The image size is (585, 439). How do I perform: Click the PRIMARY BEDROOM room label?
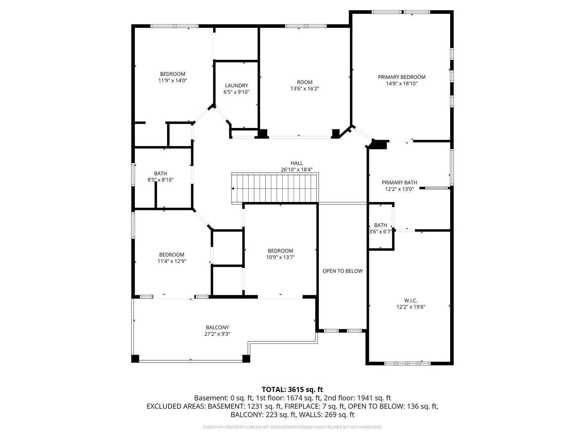click(x=401, y=77)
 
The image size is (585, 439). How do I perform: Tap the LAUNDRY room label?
click(x=237, y=86)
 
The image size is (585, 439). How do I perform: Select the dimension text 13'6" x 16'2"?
click(x=305, y=89)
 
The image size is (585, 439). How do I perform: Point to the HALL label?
click(x=297, y=163)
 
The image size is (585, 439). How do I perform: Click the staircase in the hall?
click(x=275, y=188)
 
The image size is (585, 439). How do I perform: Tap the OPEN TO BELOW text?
click(x=343, y=271)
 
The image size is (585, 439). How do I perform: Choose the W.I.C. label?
click(x=411, y=300)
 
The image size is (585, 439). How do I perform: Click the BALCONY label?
click(x=217, y=327)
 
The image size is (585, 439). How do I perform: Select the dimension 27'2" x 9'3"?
click(x=217, y=334)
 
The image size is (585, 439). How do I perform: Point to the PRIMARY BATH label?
click(x=399, y=183)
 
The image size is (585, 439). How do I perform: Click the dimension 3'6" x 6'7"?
click(x=380, y=232)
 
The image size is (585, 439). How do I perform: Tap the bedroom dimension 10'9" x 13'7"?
click(x=280, y=257)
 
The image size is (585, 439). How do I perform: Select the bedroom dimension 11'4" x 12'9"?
click(x=171, y=261)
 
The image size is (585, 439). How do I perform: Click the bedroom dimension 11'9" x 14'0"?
click(x=173, y=80)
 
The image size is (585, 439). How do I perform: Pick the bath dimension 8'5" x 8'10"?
click(x=161, y=180)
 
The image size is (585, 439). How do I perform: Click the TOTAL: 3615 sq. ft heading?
click(x=292, y=390)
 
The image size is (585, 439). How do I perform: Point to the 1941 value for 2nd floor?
click(x=364, y=398)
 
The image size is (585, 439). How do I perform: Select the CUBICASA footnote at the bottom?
click(x=292, y=427)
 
